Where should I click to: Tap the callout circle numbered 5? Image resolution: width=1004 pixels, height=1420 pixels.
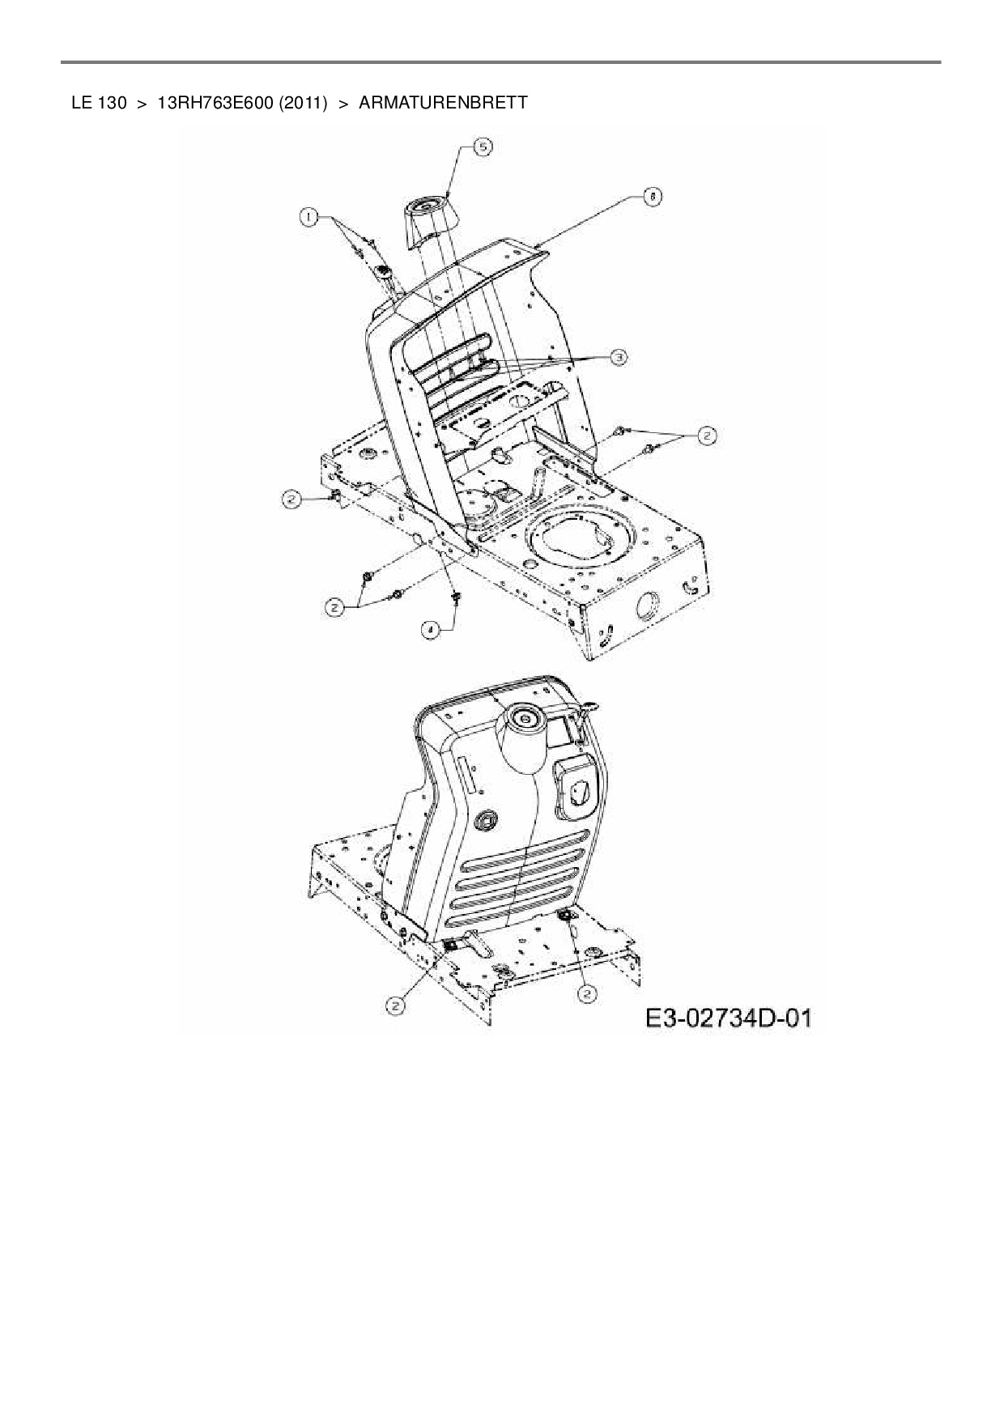tap(482, 147)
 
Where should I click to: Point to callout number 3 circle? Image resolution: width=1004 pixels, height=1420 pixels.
tap(618, 356)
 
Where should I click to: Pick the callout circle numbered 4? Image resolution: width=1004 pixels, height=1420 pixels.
tap(432, 627)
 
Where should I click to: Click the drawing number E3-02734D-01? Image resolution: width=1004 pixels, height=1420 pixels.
tap(727, 1018)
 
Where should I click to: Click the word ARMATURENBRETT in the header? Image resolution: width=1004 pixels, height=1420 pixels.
tap(443, 103)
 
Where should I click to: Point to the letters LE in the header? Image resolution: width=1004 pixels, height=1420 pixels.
tap(81, 103)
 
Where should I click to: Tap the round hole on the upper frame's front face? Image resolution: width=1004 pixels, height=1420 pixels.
tap(648, 606)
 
